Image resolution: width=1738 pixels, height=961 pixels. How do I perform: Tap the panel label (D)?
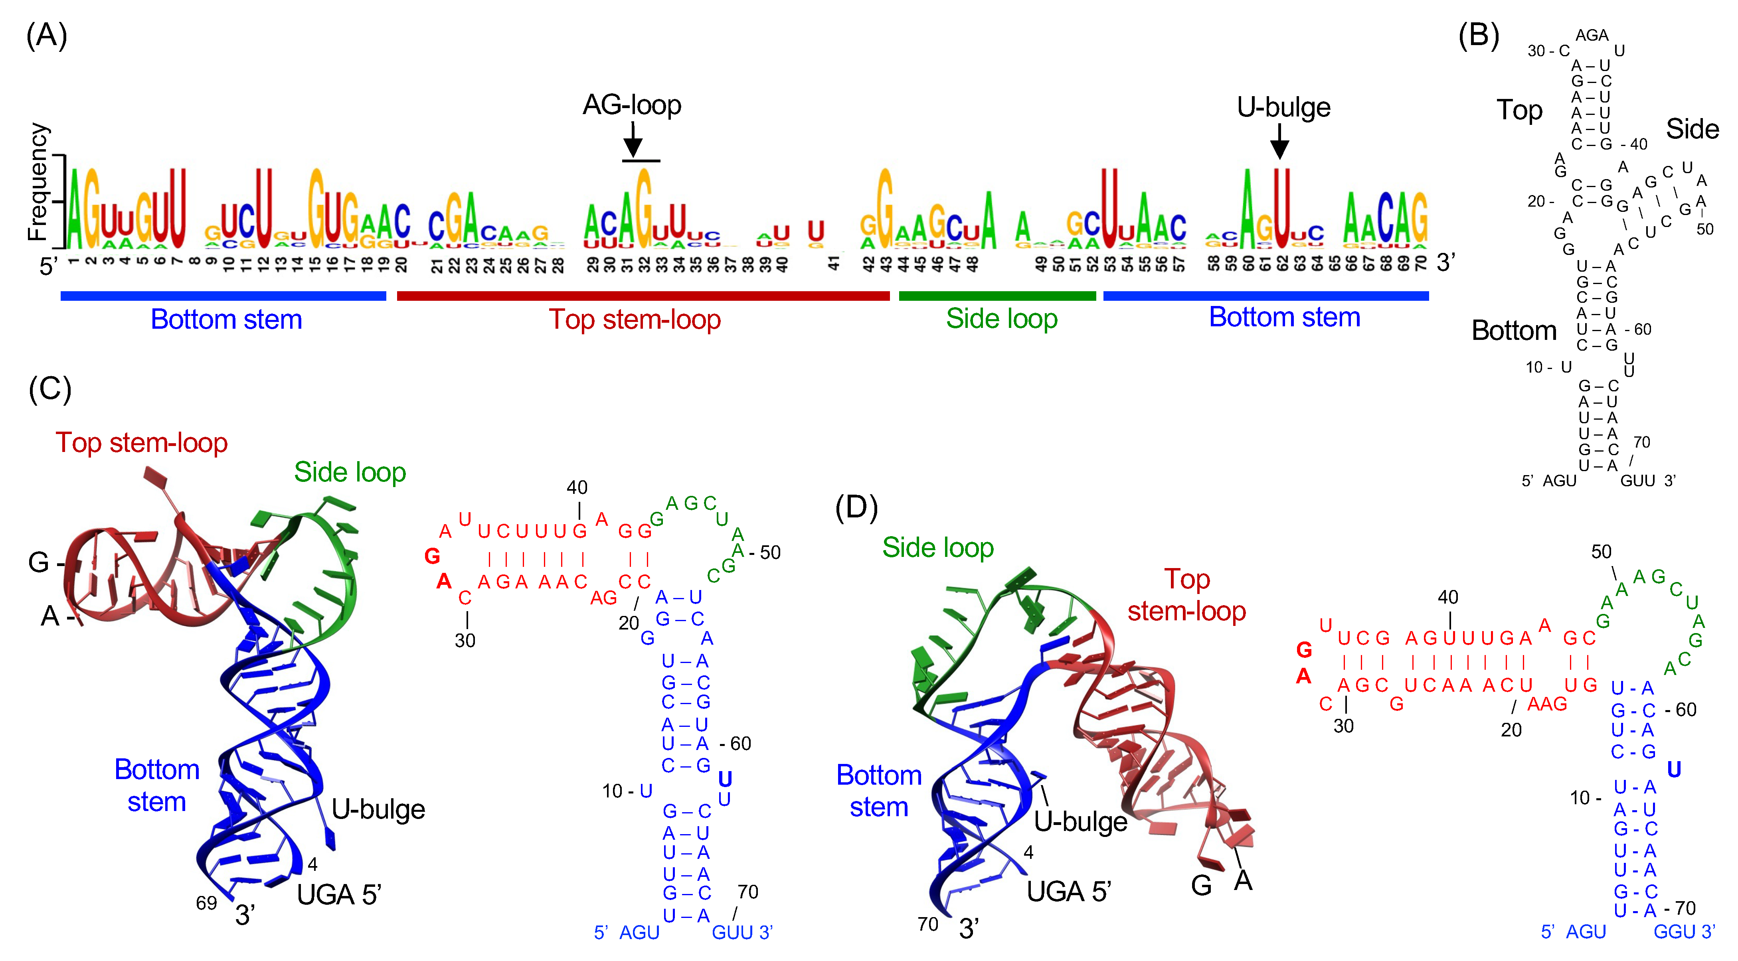(856, 507)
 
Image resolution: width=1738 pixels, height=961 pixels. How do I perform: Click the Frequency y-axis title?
(38, 182)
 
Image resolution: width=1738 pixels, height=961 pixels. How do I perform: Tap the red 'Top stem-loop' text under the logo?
(634, 319)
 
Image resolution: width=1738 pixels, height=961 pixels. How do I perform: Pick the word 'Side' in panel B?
(1692, 129)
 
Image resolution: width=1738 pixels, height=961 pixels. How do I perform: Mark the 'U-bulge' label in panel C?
(378, 809)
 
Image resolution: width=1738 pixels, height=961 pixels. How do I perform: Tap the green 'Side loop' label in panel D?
(938, 548)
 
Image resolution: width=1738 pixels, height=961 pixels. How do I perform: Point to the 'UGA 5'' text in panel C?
(339, 895)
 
